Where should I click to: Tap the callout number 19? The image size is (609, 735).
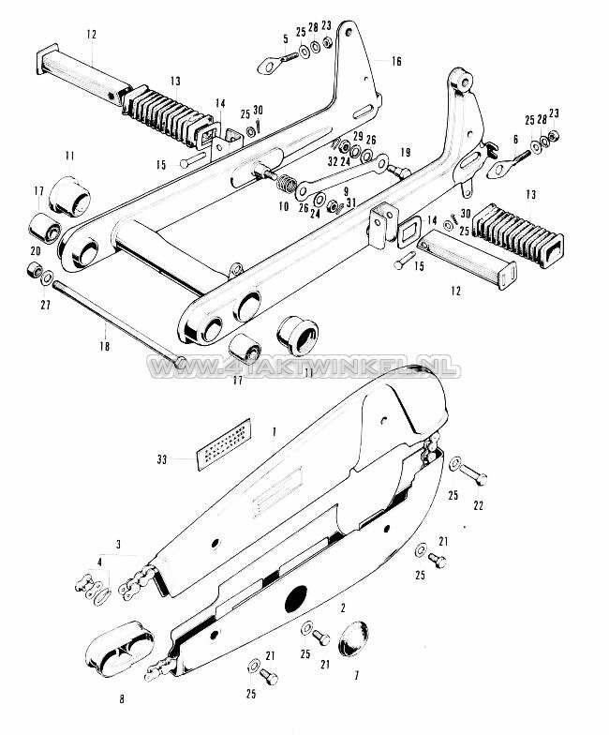405,152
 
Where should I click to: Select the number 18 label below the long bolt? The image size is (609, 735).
103,346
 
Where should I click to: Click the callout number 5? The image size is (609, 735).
285,38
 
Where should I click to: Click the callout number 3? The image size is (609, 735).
117,545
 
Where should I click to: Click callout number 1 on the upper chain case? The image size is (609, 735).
273,429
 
